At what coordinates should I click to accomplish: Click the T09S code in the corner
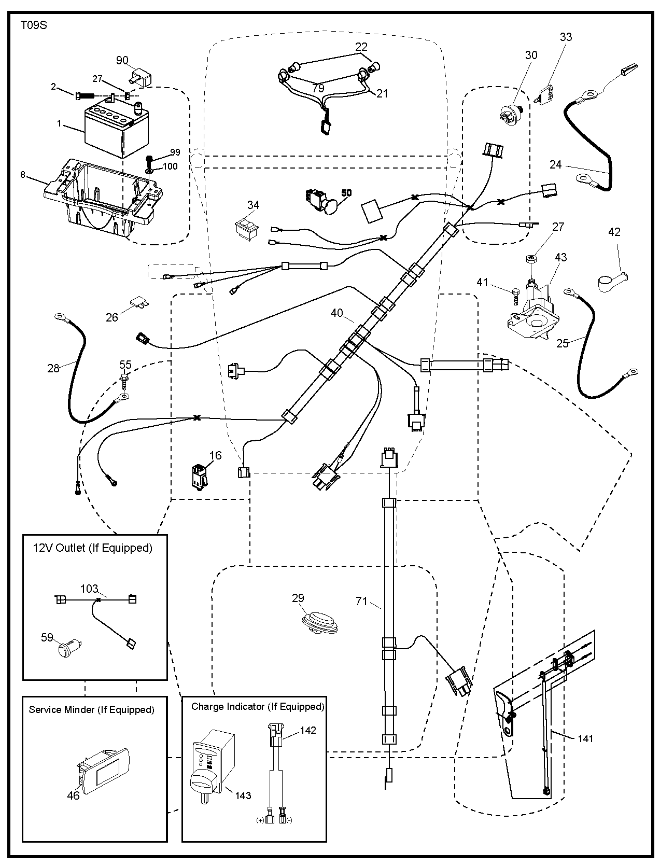[x=34, y=25]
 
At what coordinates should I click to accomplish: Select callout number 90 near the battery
[x=122, y=61]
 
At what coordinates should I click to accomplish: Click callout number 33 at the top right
[x=566, y=37]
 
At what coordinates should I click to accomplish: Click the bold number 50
[x=346, y=193]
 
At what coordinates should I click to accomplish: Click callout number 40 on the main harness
[x=337, y=313]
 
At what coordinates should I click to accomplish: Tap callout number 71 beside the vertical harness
[x=361, y=601]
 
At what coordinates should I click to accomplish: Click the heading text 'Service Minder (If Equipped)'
[x=92, y=709]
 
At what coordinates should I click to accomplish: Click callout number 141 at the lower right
[x=585, y=738]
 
